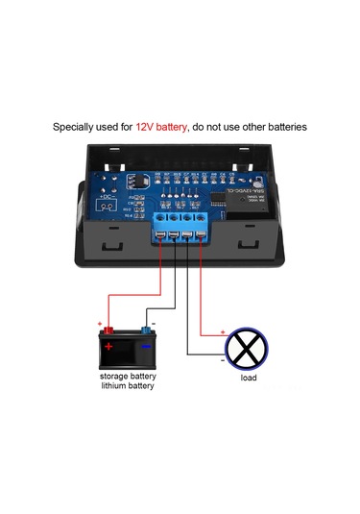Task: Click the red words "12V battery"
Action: point(162,126)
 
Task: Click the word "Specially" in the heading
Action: point(74,126)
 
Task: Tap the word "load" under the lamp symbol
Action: point(249,378)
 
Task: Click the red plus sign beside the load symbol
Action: point(224,332)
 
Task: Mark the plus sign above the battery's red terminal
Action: point(100,323)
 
